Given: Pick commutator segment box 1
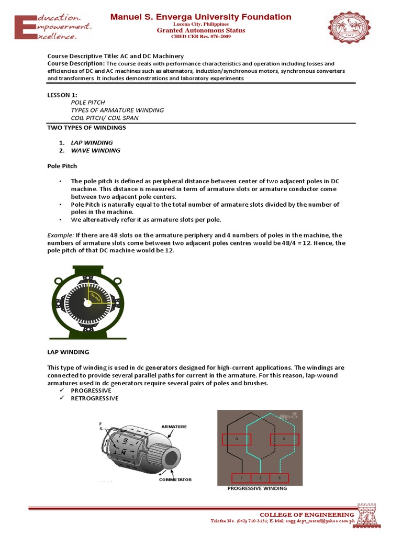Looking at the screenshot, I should click(242, 477).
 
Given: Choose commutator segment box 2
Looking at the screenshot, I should click(260, 477).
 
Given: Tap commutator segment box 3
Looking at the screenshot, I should click(279, 477).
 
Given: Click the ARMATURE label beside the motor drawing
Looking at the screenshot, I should click(174, 427).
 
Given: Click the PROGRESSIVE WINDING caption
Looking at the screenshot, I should click(257, 488).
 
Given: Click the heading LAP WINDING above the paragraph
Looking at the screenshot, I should click(68, 352).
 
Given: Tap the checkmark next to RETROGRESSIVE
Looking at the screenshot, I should click(61, 398).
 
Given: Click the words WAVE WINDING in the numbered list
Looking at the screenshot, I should click(95, 150).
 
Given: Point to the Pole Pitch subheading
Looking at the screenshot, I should click(62, 166).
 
